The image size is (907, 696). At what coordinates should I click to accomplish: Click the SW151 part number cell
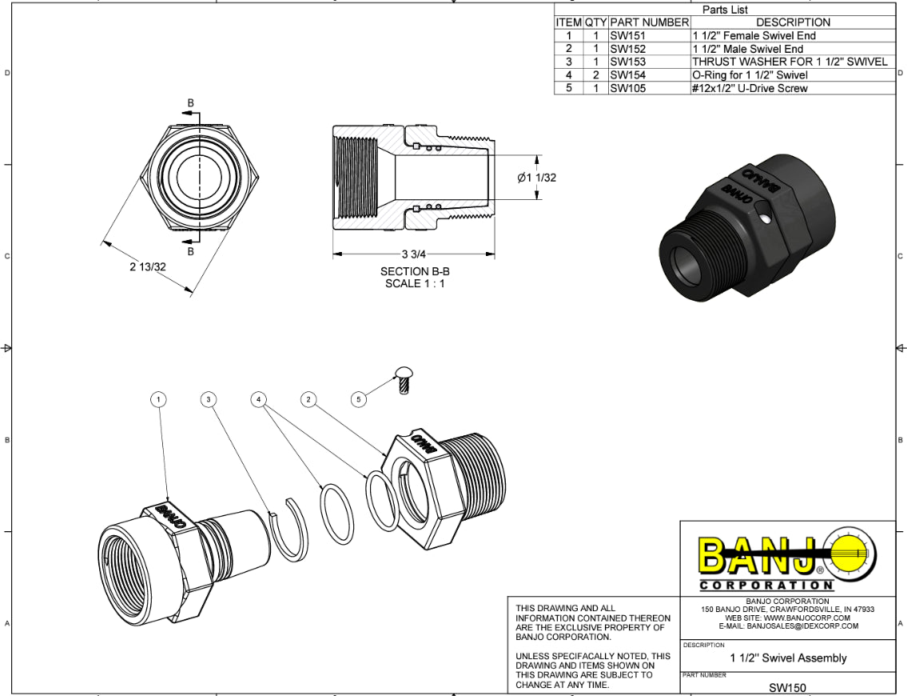point(627,36)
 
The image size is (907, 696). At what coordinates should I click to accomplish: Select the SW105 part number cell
point(627,88)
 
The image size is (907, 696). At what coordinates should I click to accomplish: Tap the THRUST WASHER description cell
point(790,62)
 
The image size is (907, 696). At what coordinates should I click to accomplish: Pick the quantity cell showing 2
point(595,75)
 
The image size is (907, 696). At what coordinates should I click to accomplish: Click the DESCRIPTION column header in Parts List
point(792,22)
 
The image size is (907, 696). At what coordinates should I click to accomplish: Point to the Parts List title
point(724,10)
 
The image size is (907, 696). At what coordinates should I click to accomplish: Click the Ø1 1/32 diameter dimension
point(536,178)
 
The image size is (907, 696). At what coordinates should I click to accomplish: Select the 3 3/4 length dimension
point(413,254)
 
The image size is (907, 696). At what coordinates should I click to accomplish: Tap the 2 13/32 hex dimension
point(148,266)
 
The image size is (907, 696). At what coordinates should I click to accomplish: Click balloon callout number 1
point(160,398)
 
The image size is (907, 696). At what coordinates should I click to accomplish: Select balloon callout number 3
point(209,398)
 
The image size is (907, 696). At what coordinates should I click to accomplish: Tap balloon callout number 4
point(259,398)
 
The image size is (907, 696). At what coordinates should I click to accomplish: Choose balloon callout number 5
point(359,398)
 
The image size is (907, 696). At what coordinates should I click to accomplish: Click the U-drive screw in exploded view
point(404,378)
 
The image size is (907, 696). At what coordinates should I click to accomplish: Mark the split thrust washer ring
point(288,529)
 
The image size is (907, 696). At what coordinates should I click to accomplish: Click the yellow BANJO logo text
point(759,555)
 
